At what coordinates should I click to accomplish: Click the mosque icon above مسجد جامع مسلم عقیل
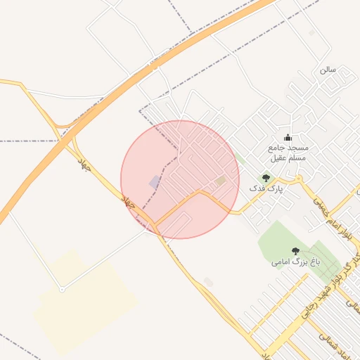tap(287, 138)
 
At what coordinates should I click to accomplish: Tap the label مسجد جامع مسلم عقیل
tap(288, 153)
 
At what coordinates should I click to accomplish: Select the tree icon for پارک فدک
tap(266, 178)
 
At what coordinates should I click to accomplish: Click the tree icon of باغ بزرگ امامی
tap(295, 251)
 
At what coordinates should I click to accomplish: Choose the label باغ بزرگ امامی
tap(296, 262)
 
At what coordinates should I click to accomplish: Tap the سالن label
tap(328, 70)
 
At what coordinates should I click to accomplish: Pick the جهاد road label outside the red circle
tap(85, 166)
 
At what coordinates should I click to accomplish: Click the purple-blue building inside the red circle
tap(155, 182)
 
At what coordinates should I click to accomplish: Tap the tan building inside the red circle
tap(221, 181)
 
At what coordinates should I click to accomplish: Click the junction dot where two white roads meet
tap(62, 289)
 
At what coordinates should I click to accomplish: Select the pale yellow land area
tap(84, 302)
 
